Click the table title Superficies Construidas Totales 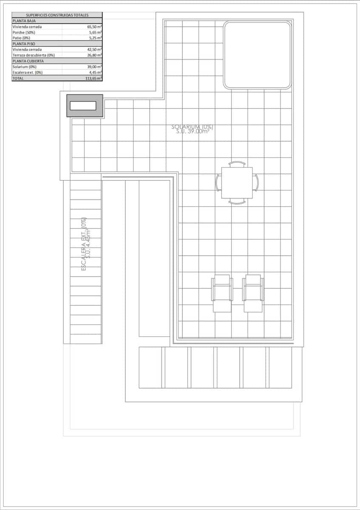point(57,15)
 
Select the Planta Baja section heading point(24,20)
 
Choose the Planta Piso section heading point(24,43)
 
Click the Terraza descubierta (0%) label point(34,55)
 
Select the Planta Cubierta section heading point(28,61)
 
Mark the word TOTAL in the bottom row point(18,78)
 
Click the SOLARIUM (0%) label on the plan point(192,127)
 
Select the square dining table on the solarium point(237,183)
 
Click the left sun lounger point(222,294)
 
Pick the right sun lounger point(253,294)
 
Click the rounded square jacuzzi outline point(258,55)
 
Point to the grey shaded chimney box point(85,106)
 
